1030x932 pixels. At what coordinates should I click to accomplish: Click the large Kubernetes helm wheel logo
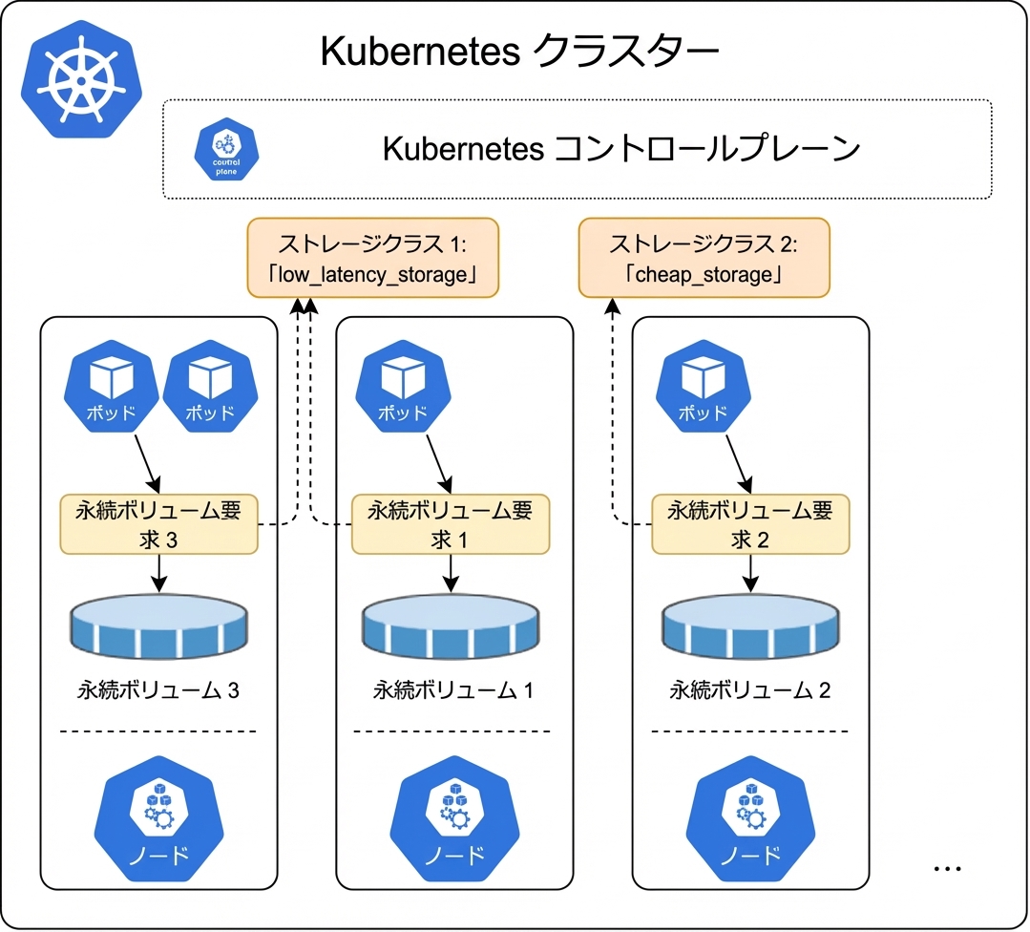[81, 79]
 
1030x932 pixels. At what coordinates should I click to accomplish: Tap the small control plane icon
[226, 149]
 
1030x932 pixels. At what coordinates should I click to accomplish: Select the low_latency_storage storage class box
[373, 258]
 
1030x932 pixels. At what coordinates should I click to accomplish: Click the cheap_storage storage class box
[704, 258]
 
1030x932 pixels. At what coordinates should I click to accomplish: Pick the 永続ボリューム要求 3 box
[159, 524]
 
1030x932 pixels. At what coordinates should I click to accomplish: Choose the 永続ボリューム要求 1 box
[451, 524]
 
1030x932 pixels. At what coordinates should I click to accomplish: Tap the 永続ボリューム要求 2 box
[750, 524]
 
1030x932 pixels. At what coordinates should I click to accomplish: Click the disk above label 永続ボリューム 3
[159, 626]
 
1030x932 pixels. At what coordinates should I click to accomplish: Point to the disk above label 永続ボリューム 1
[451, 626]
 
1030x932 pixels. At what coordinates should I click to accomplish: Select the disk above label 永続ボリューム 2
[750, 626]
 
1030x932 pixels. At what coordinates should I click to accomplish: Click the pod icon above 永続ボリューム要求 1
[404, 386]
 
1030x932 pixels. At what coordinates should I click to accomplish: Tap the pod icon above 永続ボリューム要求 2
[703, 386]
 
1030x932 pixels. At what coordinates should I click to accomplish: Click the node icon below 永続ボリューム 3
[159, 819]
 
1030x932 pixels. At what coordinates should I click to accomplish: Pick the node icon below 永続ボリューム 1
[454, 819]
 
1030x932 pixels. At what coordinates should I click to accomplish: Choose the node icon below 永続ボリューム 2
[750, 819]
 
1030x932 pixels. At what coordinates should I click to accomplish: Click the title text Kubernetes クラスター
[519, 52]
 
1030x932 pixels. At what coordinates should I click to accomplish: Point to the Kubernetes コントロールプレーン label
[620, 149]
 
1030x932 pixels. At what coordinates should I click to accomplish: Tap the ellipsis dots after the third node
[947, 869]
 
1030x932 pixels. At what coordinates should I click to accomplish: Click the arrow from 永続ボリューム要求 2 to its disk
[750, 573]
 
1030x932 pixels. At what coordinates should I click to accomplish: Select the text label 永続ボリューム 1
[453, 690]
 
